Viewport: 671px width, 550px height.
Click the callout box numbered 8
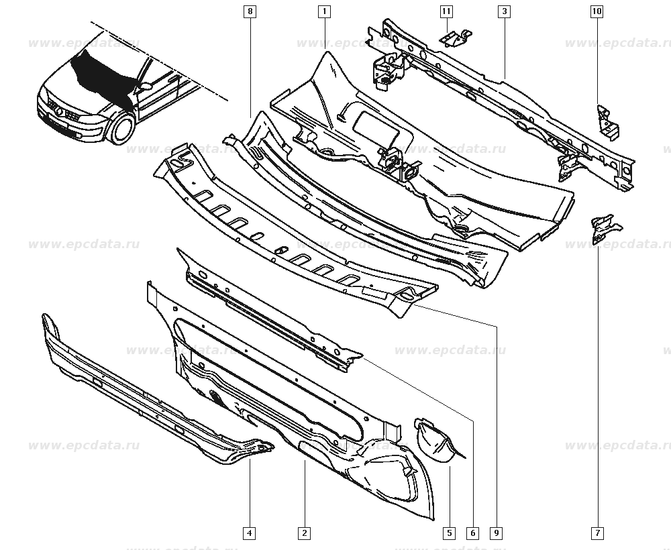(250, 11)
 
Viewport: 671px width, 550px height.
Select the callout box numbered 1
(324, 11)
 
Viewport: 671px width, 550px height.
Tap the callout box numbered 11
(446, 11)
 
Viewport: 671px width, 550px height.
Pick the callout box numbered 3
(505, 11)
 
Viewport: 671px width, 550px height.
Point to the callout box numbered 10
(597, 11)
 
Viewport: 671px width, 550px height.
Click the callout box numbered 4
(250, 533)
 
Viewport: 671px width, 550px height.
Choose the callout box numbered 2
(304, 533)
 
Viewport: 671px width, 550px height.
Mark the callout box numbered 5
(450, 533)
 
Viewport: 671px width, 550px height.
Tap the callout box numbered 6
(473, 533)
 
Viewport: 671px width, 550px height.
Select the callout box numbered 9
(497, 533)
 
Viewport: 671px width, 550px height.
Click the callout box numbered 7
(597, 533)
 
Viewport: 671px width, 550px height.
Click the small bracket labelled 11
(456, 38)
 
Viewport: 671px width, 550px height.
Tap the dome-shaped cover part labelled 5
(434, 441)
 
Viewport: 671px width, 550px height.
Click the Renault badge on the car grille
(60, 113)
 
